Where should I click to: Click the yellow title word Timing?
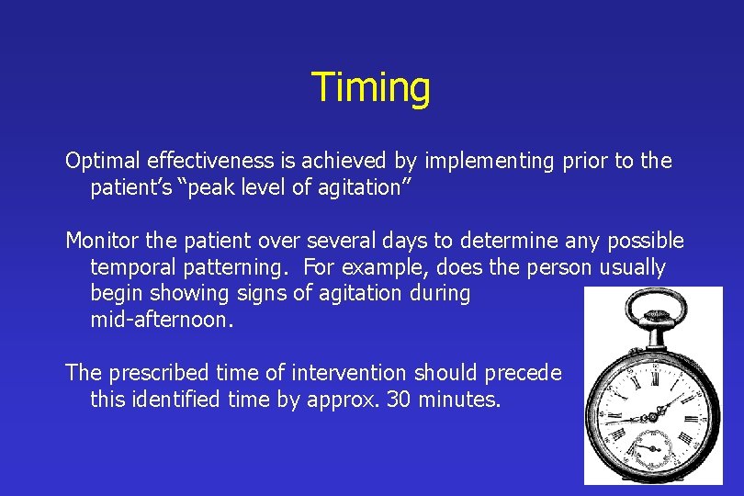[x=370, y=88]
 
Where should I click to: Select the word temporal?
[x=129, y=268]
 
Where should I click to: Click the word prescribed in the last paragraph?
[x=147, y=374]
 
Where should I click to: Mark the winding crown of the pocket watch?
[x=653, y=321]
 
